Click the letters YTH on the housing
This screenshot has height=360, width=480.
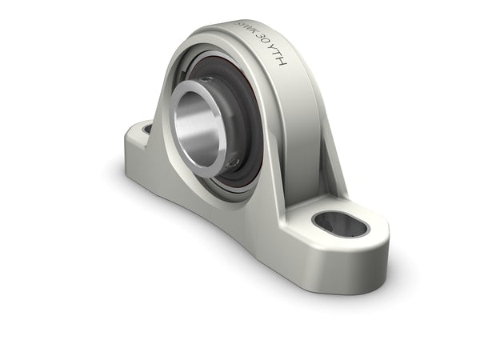click(277, 65)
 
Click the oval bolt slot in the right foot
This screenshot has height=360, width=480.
click(339, 225)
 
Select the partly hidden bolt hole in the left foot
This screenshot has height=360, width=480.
click(147, 129)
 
